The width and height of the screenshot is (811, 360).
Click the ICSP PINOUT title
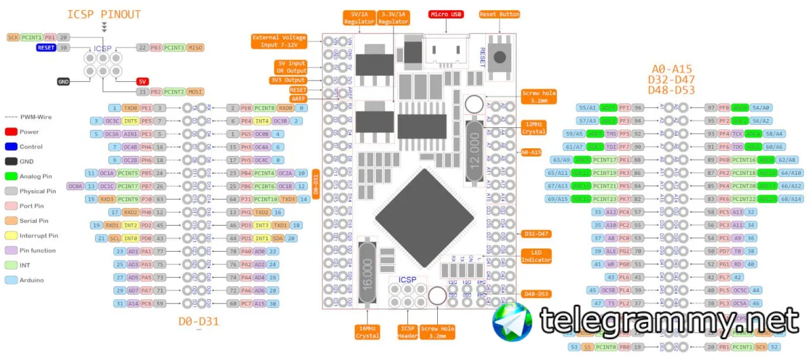tap(104, 14)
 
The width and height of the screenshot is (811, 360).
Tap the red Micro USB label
tap(446, 14)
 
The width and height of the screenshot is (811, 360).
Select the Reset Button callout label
tap(499, 14)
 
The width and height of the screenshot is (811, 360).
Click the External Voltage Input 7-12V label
tap(279, 41)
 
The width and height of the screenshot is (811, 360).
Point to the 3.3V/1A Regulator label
tap(393, 18)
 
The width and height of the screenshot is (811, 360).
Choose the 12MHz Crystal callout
tap(533, 127)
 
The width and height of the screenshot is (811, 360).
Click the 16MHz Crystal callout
tap(367, 332)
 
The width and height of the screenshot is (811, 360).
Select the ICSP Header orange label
tap(407, 332)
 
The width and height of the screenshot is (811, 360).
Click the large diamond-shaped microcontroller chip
tap(424, 219)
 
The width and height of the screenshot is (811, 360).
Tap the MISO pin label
tap(196, 48)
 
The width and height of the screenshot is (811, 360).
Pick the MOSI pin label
tap(196, 92)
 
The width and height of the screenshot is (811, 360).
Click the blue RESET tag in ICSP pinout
tap(46, 48)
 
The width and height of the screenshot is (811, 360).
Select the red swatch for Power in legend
tap(11, 132)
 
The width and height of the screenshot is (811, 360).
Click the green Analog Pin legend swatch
tap(11, 176)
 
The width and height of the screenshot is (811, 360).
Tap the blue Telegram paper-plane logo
tap(513, 321)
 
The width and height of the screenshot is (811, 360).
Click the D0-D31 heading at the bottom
tap(198, 321)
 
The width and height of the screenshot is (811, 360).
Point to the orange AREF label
tap(298, 99)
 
